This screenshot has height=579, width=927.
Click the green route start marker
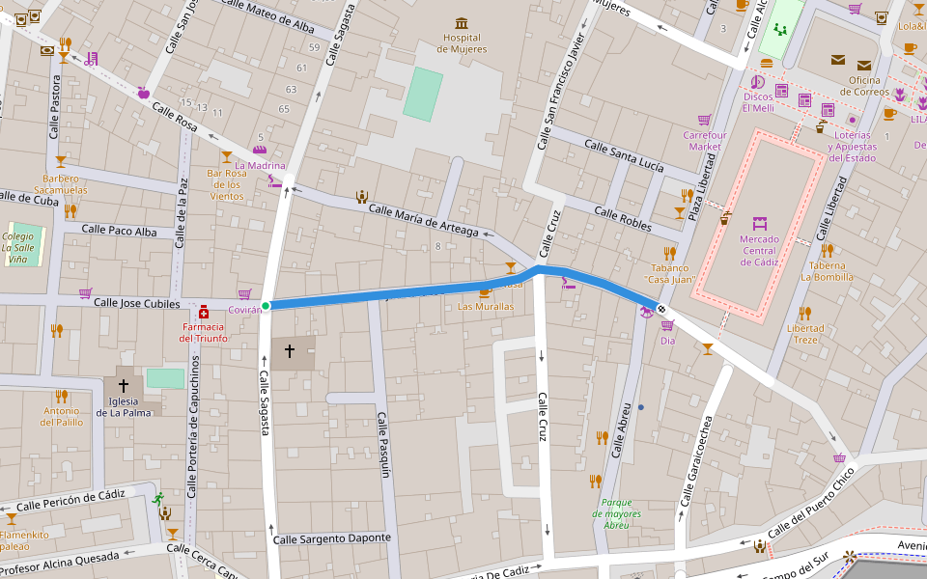(266, 305)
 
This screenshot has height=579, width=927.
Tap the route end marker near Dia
(660, 308)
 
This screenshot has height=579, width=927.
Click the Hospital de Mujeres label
(462, 43)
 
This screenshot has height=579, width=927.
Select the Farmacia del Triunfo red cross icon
(204, 313)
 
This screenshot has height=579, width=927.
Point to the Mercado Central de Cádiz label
(759, 251)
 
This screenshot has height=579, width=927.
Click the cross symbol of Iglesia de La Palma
(123, 385)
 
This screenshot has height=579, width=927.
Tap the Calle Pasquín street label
(383, 445)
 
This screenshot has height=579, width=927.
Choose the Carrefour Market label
(705, 141)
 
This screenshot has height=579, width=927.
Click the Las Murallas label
(486, 306)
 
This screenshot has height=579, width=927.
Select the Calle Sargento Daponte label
(332, 538)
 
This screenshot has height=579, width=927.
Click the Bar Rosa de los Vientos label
(227, 184)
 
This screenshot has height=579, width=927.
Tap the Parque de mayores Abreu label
(616, 513)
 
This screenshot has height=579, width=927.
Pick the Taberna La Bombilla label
(827, 271)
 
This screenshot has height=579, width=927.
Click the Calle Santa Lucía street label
(625, 154)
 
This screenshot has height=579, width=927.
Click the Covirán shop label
(245, 310)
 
